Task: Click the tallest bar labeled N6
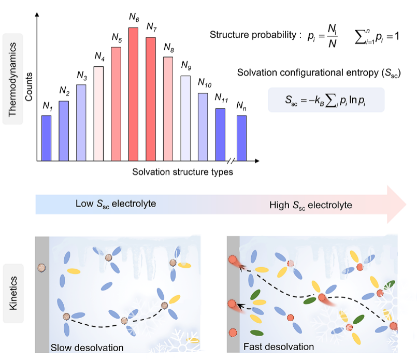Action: (x=133, y=94)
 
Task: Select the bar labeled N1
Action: (x=46, y=138)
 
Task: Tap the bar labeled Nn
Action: (x=241, y=138)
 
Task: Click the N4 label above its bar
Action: (x=99, y=55)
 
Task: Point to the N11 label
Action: (x=221, y=98)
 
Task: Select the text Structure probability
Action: (x=251, y=35)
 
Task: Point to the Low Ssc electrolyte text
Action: (x=116, y=204)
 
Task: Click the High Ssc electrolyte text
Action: (x=310, y=206)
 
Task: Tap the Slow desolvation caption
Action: (x=87, y=347)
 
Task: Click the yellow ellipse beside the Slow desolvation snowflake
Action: (x=193, y=340)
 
